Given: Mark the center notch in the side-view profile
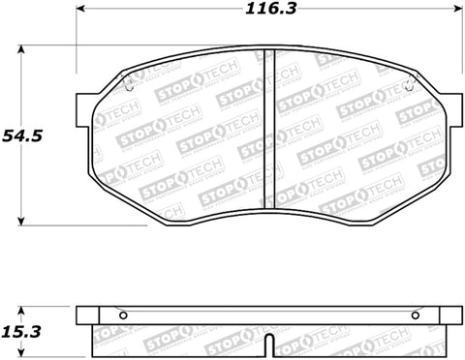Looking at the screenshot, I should (268, 345).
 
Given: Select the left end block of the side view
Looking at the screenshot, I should (89, 315).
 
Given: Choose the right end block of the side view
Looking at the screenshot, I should (448, 315).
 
